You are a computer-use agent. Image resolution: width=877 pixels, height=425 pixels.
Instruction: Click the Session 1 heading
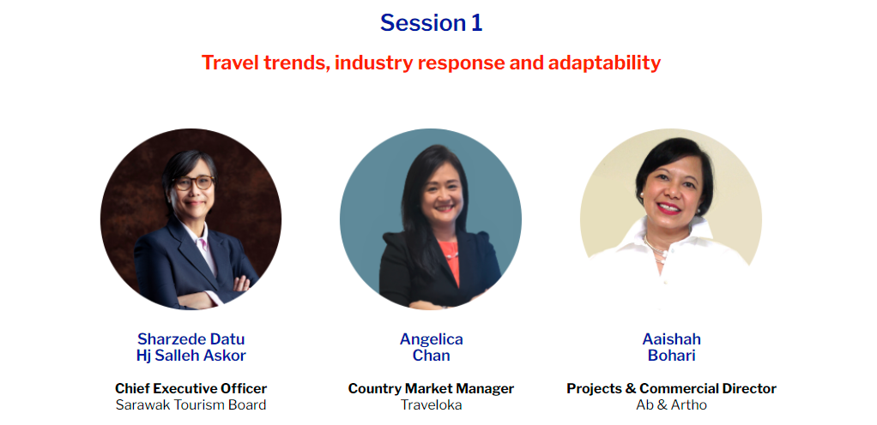(431, 23)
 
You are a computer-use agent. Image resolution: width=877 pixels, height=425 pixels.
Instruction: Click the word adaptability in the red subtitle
(604, 63)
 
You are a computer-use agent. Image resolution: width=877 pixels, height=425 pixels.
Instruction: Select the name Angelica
(432, 339)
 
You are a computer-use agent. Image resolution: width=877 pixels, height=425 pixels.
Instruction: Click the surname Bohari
(671, 356)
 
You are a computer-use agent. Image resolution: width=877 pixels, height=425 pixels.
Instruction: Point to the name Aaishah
(671, 339)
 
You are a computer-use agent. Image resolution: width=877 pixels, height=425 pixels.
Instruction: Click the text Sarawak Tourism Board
(191, 405)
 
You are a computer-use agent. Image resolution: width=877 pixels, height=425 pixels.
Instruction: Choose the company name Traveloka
(432, 405)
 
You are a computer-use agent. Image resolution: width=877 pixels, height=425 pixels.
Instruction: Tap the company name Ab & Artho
(671, 405)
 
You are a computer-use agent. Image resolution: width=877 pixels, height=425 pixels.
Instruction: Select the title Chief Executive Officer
(191, 388)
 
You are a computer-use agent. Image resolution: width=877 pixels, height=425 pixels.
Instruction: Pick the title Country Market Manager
(431, 388)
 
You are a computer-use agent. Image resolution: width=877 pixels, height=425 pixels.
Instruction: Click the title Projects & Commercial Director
(671, 388)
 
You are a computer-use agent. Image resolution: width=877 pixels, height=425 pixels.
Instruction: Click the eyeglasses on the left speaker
(193, 183)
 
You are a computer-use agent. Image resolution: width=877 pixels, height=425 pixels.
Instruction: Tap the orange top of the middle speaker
(449, 260)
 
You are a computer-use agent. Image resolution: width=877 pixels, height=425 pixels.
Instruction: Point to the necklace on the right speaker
(655, 249)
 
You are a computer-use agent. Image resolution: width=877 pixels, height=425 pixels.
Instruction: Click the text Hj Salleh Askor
(191, 356)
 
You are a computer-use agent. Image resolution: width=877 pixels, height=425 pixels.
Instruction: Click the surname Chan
(432, 356)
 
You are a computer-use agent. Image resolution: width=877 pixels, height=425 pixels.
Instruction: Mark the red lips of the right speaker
(669, 208)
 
